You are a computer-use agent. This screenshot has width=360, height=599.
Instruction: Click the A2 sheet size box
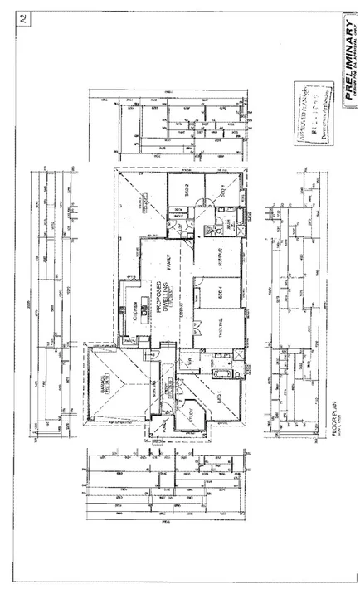23,19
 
